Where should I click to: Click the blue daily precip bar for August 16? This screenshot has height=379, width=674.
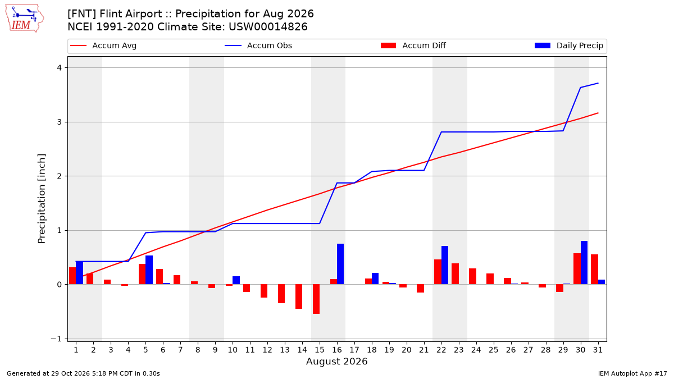pos(340,264)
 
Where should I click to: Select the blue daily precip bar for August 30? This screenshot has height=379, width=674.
pos(584,263)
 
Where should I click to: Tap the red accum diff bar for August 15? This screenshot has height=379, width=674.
pos(316,299)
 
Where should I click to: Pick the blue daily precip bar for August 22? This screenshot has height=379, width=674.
pos(445,265)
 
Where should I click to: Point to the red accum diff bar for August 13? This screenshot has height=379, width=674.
pos(281,294)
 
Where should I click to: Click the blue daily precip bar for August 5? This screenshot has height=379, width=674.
pos(149,270)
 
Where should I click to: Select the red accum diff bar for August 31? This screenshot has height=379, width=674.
pos(595,269)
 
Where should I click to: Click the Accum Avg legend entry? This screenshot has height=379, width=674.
pos(103,45)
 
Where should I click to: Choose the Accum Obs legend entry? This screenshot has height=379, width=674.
pos(258,45)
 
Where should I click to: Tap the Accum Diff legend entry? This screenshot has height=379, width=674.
pos(413,45)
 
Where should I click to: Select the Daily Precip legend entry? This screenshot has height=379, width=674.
pos(568,45)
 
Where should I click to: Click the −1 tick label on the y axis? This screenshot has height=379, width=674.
pos(56,339)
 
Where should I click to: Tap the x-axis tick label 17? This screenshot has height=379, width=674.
pos(354,350)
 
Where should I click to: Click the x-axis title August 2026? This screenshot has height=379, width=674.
pos(336,361)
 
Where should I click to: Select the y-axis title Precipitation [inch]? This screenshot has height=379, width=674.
pos(42,199)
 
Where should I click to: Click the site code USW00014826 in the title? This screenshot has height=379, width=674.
pos(268,27)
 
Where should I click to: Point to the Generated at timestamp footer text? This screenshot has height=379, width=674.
pos(83,373)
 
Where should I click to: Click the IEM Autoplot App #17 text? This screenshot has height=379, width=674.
pos(632,373)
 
